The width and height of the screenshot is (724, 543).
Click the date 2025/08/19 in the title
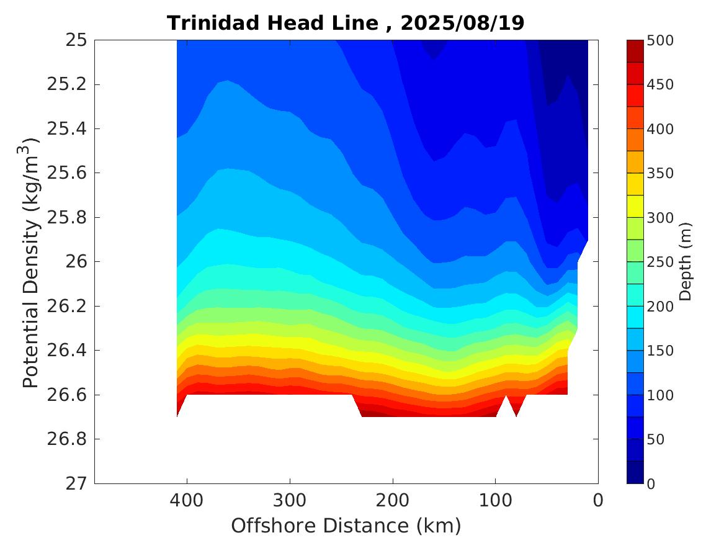(462, 24)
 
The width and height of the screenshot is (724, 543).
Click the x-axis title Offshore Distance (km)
(346, 526)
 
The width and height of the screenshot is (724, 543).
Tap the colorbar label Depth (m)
(686, 261)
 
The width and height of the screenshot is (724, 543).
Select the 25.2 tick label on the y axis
(66, 84)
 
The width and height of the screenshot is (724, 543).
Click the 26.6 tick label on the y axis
(66, 395)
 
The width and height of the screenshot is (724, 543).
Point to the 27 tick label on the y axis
(75, 483)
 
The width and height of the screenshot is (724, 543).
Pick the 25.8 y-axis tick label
(66, 218)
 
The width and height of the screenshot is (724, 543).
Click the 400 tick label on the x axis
(187, 500)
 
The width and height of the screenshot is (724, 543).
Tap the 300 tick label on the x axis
(290, 500)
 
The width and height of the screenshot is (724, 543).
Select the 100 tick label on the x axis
(495, 500)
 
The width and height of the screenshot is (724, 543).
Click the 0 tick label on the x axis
(598, 500)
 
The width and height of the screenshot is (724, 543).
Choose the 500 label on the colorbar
(660, 41)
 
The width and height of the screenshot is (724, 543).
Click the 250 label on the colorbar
(660, 262)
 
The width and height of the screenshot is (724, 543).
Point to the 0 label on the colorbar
(651, 483)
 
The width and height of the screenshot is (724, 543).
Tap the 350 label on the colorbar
(660, 173)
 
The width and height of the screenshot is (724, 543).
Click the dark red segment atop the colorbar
(635, 51)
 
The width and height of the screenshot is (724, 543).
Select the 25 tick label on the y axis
(75, 40)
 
